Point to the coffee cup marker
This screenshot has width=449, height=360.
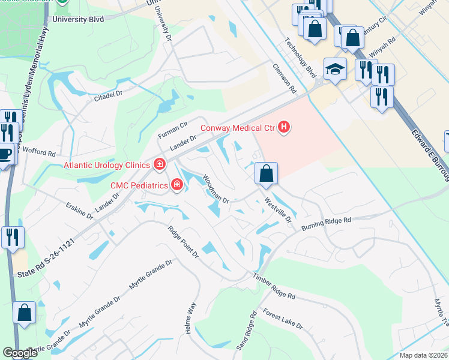[5, 155]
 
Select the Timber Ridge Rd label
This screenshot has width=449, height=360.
[274, 288]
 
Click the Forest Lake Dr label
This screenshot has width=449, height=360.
[283, 319]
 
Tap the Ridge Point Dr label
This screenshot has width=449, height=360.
[183, 241]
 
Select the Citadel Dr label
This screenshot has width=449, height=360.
[107, 95]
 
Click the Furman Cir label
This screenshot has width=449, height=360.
[173, 128]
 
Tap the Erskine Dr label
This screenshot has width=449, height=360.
[80, 211]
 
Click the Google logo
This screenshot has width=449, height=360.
[20, 353]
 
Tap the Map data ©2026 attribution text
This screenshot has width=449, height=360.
[423, 355]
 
